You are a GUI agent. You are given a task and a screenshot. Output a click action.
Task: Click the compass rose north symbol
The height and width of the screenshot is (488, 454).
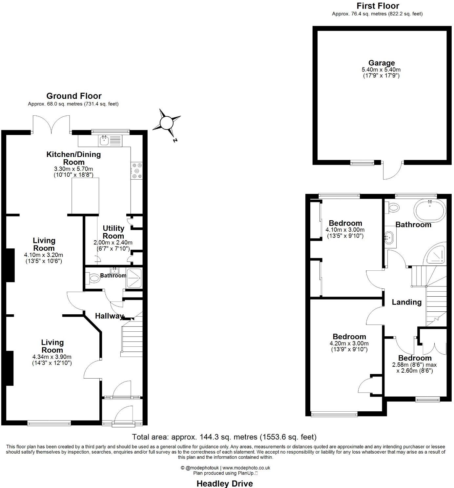167,123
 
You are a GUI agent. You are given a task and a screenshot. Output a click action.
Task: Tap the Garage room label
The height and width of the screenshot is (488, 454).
381,63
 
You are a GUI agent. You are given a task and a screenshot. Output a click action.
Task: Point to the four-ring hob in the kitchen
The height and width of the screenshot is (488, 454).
137,171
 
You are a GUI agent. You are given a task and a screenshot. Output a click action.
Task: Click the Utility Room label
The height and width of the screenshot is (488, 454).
113,232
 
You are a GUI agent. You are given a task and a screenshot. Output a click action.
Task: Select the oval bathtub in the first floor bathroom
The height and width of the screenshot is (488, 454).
430,212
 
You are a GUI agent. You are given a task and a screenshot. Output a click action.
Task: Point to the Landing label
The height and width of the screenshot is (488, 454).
407,302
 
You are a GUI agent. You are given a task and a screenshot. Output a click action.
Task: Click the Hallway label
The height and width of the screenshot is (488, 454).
109,316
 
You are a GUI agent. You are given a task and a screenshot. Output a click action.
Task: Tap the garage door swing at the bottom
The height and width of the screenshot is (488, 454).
392,170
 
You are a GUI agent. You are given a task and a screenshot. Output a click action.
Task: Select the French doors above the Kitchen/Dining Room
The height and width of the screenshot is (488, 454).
51,125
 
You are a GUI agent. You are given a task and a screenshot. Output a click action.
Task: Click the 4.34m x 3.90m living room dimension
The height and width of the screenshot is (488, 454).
52,357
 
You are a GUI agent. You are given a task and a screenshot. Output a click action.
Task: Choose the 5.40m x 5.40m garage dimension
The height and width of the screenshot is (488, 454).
381,70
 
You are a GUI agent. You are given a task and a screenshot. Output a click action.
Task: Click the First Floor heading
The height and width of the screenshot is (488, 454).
378,6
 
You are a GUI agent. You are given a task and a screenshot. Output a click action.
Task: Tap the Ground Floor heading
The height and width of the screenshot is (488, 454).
74,96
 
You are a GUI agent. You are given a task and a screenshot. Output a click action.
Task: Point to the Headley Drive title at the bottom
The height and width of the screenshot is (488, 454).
224,483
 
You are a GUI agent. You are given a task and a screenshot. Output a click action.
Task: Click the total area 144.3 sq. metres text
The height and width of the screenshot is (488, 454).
224,437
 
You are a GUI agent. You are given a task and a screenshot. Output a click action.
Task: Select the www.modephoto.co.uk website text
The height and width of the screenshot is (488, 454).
246,468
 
